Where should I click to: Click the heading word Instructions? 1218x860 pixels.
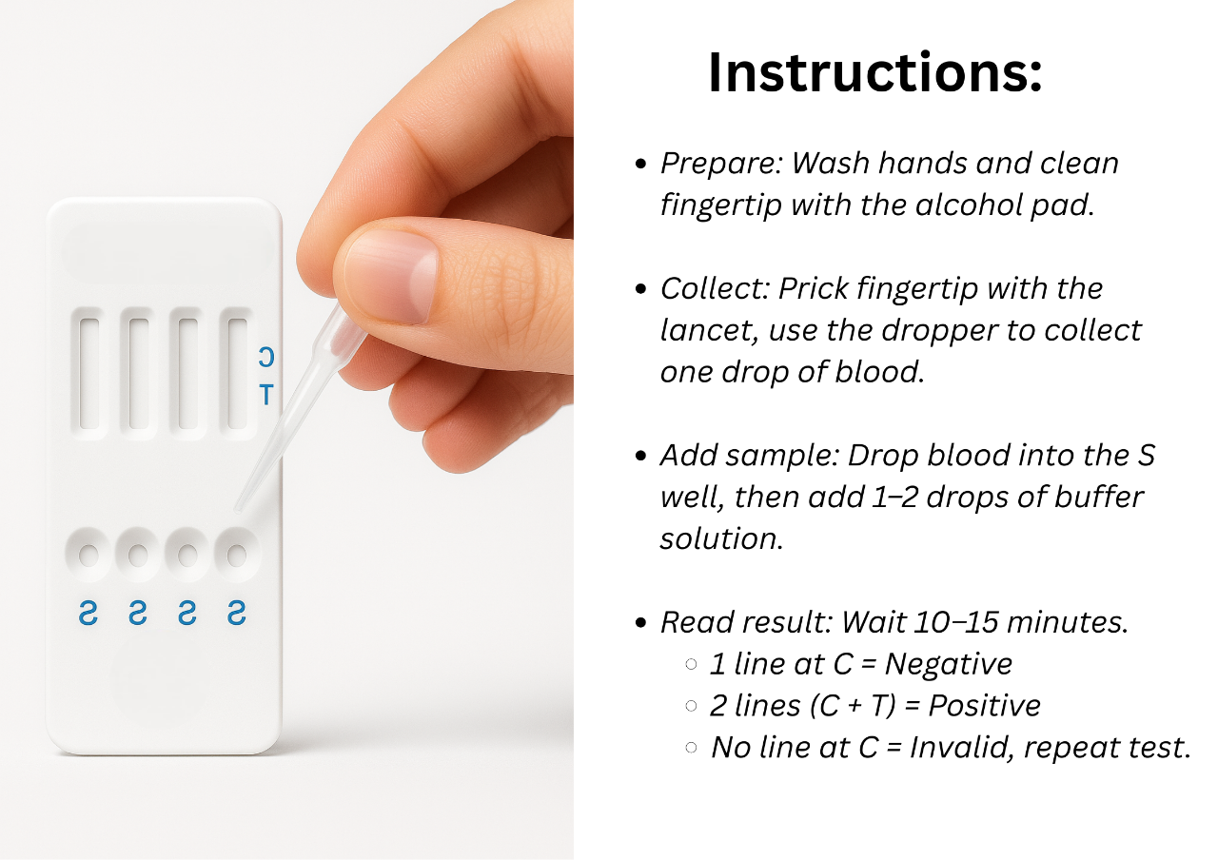874,73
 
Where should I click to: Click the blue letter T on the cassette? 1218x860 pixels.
266,394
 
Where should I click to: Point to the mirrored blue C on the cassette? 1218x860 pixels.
266,358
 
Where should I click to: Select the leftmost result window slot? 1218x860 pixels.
89,373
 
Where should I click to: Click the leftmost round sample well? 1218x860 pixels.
88,555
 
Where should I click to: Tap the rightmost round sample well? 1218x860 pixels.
236,553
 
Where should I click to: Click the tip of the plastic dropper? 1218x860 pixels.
238,506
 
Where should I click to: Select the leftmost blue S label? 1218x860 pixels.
88,614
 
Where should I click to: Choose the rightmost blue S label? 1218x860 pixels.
236,614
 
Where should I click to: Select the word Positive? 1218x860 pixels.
984,705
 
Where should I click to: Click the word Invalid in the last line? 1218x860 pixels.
953,747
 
